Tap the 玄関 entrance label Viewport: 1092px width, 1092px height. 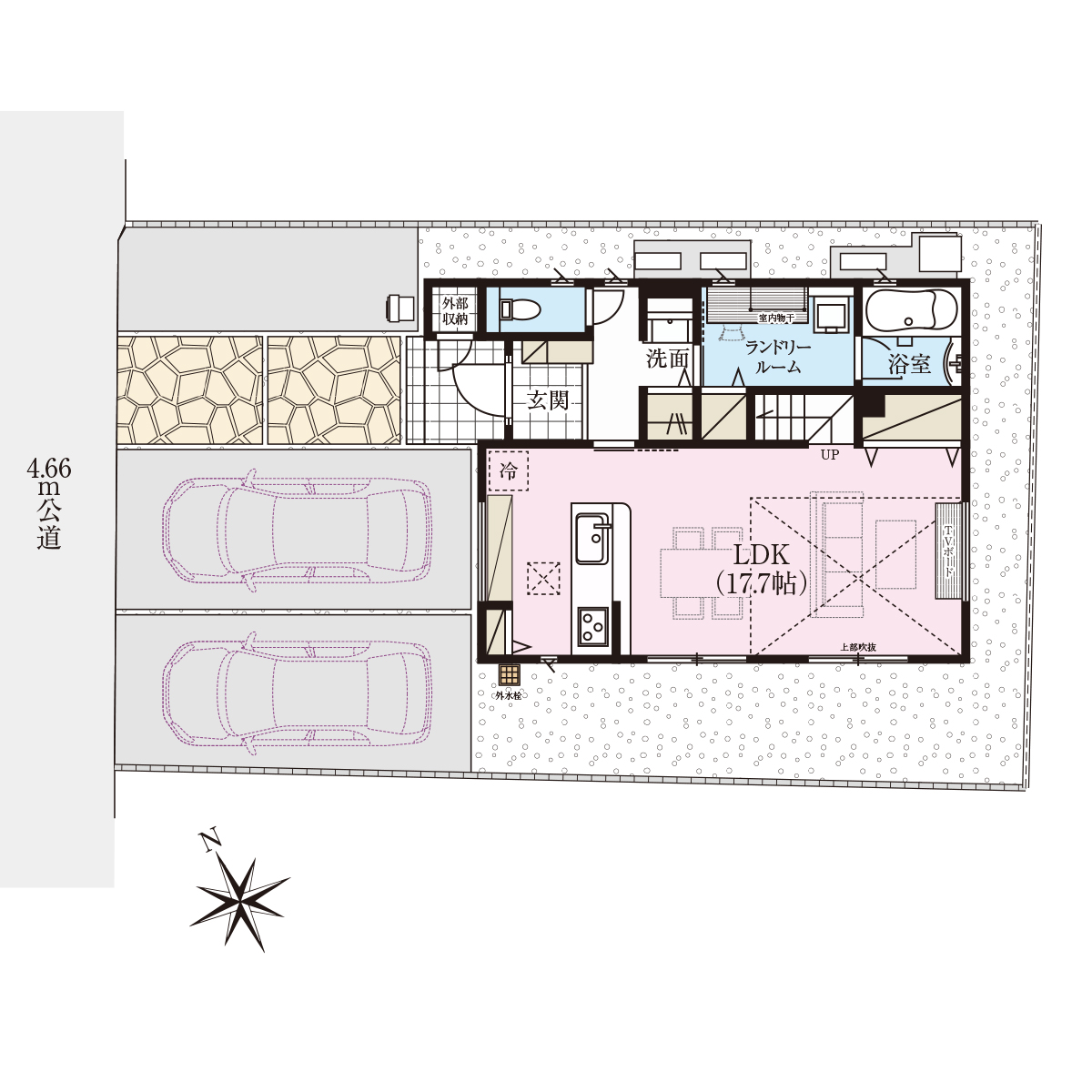coord(548,400)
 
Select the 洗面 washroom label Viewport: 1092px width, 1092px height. coord(668,359)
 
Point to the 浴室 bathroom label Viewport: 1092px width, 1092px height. coord(909,364)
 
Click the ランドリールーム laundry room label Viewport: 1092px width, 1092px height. coord(778,357)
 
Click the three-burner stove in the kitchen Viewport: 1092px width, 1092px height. coord(593,627)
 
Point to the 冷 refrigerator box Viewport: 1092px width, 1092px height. coord(508,470)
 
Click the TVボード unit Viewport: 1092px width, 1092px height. coord(948,551)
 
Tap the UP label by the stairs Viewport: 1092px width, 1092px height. coord(830,454)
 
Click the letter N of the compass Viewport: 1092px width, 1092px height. coord(210,841)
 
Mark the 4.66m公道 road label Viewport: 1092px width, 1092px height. coord(49,504)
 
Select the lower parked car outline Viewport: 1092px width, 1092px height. coord(297,694)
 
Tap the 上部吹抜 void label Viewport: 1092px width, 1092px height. coord(858,647)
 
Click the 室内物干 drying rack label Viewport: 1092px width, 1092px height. coord(776,318)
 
